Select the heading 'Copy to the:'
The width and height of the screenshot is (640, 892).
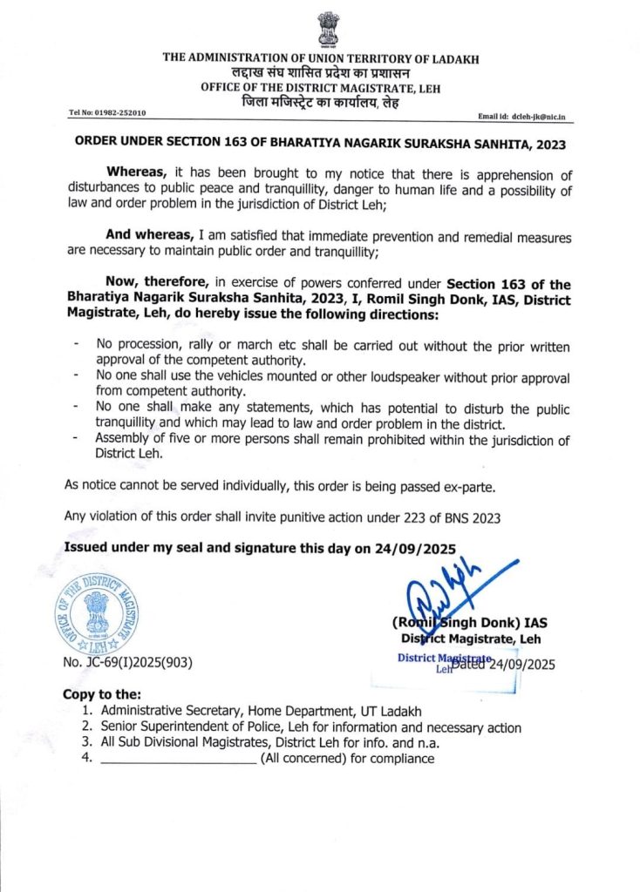(102, 694)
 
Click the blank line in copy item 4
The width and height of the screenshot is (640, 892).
(178, 759)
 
